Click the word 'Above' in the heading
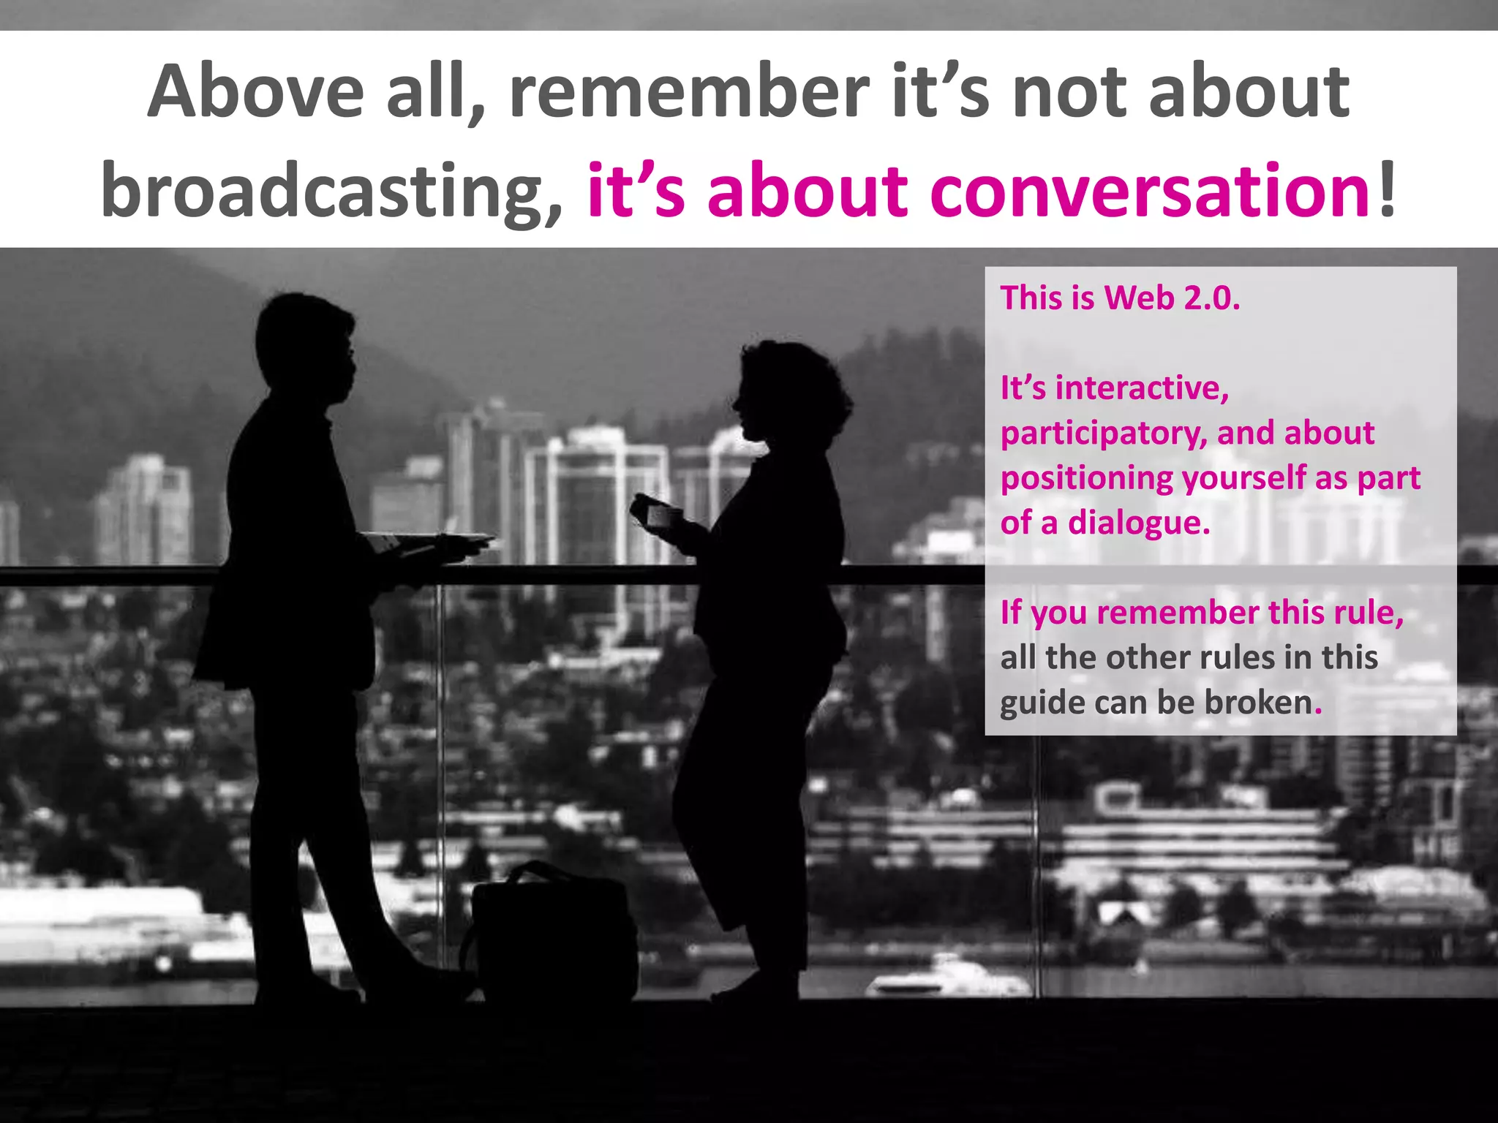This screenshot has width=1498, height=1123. pos(255,93)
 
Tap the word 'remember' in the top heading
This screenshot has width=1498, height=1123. pos(688,93)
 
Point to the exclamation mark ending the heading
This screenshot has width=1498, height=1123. pos(1386,192)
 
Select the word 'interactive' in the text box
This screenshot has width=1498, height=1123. pos(1140,388)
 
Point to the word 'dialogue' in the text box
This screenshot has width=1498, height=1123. pos(1138,523)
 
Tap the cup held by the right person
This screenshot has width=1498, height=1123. pos(663,516)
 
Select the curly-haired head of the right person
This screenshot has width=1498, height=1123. pos(790,391)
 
